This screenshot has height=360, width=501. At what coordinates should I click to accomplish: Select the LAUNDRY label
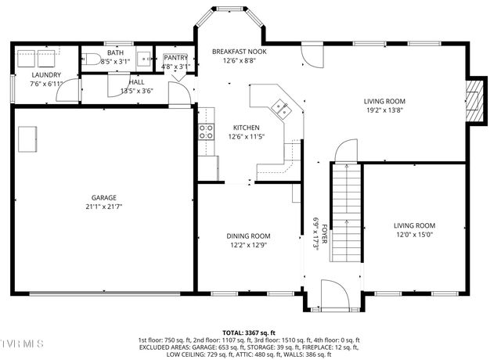pos(45,75)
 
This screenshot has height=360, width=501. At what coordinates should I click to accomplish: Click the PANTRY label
pos(176,58)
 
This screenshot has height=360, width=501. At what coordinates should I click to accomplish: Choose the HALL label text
pos(136,81)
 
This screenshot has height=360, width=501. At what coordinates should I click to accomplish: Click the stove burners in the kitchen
pos(206,131)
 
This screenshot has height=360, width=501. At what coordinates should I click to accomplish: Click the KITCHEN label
pos(246,128)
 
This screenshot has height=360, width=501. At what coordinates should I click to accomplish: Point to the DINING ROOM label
pos(248,236)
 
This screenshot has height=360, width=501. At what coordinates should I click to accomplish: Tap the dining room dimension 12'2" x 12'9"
pos(248,245)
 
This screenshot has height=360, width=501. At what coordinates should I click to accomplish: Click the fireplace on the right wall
pos(474,101)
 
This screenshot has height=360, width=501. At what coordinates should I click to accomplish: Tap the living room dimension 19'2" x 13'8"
pos(384,110)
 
